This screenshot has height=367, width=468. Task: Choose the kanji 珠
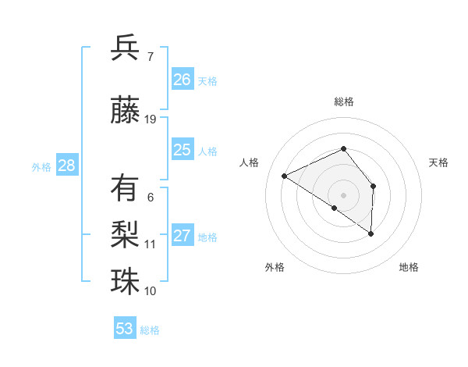[126, 281]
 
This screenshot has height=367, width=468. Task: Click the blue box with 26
[183, 79]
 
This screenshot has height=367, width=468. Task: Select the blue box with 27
[183, 235]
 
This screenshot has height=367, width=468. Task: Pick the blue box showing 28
[66, 165]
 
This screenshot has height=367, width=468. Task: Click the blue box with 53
[125, 328]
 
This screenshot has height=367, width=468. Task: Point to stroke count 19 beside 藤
[151, 119]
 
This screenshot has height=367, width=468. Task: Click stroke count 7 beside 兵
[150, 56]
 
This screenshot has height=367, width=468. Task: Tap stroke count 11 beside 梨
[151, 244]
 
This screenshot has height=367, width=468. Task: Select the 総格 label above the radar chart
[343, 102]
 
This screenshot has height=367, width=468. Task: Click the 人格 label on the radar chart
[249, 162]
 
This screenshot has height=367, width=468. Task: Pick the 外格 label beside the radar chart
[274, 267]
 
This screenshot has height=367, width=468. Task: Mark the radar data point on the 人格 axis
[285, 176]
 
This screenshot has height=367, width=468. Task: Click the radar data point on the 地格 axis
[371, 233]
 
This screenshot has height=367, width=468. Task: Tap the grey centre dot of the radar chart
[343, 194]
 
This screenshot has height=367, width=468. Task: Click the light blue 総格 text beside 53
[150, 330]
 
